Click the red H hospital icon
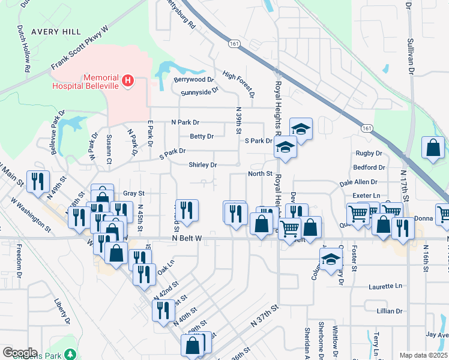(127, 80)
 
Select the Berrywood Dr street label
(194, 79)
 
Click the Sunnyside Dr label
(199, 92)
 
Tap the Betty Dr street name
(202, 136)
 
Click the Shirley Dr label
(202, 164)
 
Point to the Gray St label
(134, 193)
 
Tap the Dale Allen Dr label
(358, 182)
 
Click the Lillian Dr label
(390, 311)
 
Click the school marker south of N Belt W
(330, 259)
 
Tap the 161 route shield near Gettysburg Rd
(234, 44)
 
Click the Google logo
(20, 353)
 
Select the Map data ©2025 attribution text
(423, 355)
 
